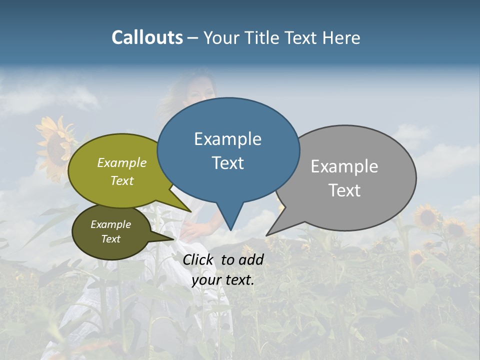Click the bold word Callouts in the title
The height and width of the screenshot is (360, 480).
point(147,37)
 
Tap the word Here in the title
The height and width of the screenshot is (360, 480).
point(341,37)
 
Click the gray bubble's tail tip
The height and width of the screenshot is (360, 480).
point(267,234)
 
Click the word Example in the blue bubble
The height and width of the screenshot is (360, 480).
point(228,138)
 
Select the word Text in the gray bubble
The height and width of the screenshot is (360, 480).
point(344,190)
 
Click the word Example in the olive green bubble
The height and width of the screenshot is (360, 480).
point(122,162)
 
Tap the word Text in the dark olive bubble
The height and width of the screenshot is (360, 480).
point(111,239)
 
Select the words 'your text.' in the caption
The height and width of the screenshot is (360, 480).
point(223,280)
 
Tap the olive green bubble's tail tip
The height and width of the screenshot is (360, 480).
point(190,211)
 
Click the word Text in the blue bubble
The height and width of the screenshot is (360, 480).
point(228,163)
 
